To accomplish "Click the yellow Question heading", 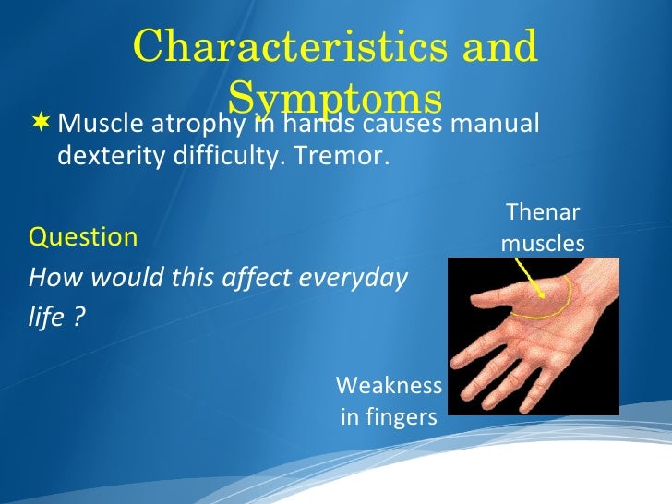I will click(83, 237).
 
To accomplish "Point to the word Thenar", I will click(543, 212).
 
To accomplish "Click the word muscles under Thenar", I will click(543, 244).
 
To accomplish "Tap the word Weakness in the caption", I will click(388, 385).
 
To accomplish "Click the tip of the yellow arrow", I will click(544, 297).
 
